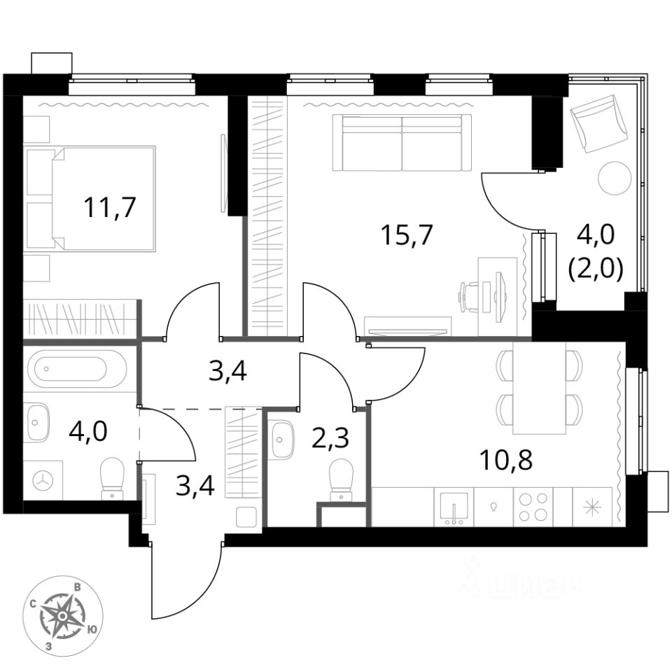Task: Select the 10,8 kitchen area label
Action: tap(503, 461)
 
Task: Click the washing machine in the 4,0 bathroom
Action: tap(44, 479)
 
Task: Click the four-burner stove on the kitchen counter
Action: tap(533, 505)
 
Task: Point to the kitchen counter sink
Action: tap(454, 506)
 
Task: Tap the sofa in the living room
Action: tap(402, 143)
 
